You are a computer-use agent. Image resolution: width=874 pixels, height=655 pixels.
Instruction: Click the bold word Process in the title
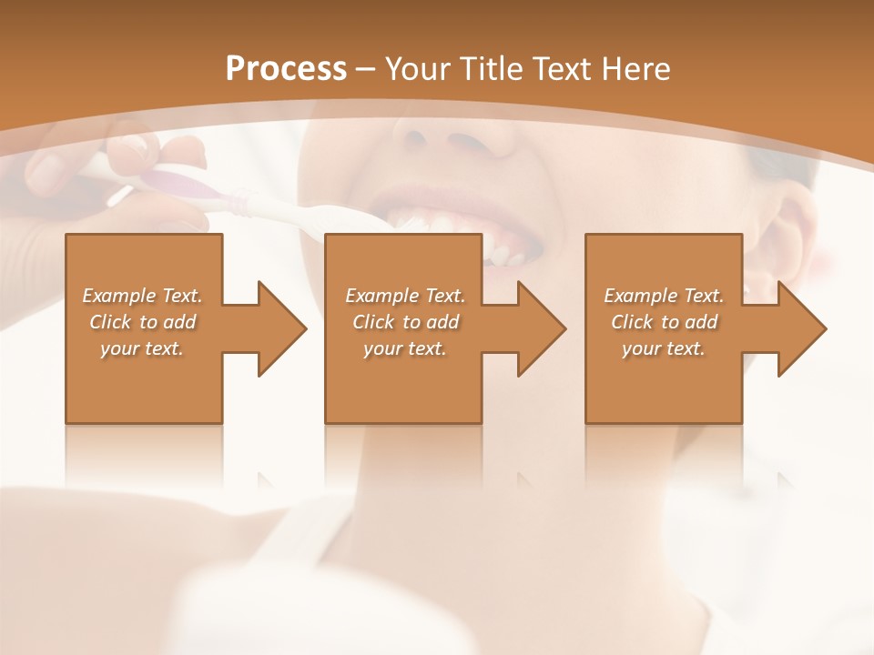[x=286, y=68]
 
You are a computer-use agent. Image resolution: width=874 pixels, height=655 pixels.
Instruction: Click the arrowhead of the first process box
[x=281, y=328]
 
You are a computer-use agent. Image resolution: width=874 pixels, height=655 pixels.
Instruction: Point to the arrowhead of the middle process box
[x=541, y=328]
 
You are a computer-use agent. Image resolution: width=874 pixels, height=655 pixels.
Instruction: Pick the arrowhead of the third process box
[x=801, y=328]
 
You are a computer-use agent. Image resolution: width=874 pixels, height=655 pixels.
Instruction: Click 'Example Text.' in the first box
[x=142, y=296]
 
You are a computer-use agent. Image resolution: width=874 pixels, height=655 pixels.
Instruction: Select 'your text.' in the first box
[x=142, y=348]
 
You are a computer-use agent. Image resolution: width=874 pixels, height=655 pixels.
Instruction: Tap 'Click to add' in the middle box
[x=405, y=322]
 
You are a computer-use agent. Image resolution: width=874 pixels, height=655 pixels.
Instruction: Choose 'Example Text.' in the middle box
[x=405, y=296]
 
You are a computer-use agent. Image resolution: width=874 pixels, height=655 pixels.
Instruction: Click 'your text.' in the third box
[x=664, y=348]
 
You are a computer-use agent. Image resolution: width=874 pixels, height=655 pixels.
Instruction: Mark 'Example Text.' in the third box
[x=664, y=296]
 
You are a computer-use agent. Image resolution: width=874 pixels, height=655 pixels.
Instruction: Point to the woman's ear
[x=783, y=237]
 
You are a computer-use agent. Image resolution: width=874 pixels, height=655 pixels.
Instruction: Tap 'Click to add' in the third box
[x=664, y=322]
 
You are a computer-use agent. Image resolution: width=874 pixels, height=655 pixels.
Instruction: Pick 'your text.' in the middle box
[x=405, y=348]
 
